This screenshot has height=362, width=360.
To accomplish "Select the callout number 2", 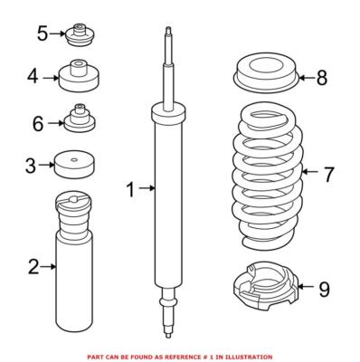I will (33, 266).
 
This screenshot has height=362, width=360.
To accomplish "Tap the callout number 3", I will (31, 166).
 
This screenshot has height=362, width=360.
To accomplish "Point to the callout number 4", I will (33, 77).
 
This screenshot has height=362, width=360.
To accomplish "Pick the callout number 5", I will (42, 34).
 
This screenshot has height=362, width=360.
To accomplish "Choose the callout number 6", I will (38, 121).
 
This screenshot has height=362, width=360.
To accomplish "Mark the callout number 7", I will (327, 170).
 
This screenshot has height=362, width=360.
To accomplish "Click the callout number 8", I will (322, 78).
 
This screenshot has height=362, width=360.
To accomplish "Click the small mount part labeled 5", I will (77, 37).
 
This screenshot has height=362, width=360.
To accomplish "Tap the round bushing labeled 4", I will (79, 77).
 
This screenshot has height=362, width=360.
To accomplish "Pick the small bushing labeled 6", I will (79, 120).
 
